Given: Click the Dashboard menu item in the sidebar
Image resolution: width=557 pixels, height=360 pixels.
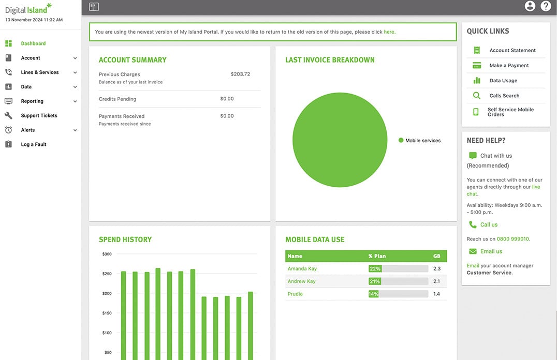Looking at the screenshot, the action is coord(33,43).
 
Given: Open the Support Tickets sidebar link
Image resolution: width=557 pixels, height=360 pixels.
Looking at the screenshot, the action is coord(39,115).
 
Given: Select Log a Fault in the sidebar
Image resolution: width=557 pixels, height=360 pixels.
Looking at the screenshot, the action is coord(34,144).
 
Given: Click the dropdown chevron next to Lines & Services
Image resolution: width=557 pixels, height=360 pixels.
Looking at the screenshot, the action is coord(75,72).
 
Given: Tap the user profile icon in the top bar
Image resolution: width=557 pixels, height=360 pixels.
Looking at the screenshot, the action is coord(530,6).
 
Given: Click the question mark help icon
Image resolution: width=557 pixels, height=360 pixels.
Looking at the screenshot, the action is coord(546,6).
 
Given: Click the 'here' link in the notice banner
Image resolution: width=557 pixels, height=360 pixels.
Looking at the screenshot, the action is coord(389,32).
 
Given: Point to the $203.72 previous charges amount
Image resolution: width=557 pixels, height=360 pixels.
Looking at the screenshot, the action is coord(240,74).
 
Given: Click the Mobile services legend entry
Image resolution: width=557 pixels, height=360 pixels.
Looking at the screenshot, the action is coord(419,140).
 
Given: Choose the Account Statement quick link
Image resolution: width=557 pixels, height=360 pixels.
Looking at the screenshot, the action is coord(512,50).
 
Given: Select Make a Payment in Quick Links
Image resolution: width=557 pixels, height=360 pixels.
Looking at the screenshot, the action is coord(509,65).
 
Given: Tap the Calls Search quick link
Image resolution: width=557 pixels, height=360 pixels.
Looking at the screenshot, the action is coord(504,96).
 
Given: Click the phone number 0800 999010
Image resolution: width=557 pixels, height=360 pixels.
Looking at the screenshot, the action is coord(512,239).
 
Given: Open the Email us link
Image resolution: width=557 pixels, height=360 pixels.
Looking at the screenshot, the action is coord(491,251).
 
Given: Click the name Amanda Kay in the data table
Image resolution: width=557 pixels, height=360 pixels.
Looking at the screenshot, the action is coord(302,268).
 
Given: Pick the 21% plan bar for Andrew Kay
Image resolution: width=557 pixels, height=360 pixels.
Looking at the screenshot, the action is coord(374,281).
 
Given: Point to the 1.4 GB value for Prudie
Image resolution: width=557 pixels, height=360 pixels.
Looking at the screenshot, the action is coord(436,294).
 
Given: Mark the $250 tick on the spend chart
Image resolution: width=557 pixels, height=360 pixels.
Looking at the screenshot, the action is coord(107,274).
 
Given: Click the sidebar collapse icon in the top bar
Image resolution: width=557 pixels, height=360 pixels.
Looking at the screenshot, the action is coord(94,6).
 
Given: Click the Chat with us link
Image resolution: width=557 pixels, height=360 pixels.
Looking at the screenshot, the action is coord(496,156).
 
